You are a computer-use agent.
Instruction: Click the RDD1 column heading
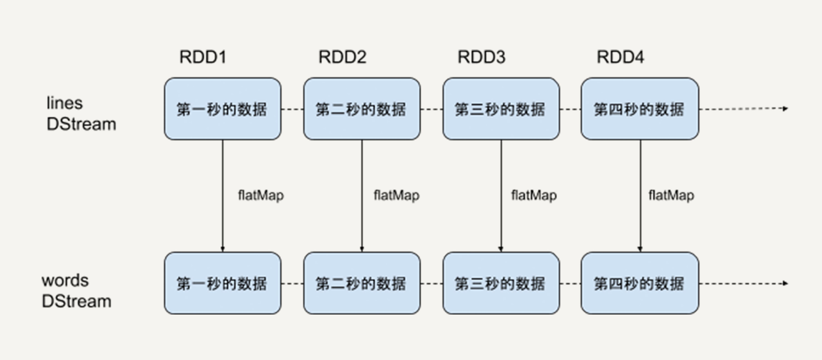tap(203, 58)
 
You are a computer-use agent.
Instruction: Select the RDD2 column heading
tap(342, 58)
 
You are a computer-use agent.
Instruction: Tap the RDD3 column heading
tap(481, 58)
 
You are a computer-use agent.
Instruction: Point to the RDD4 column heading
tap(620, 58)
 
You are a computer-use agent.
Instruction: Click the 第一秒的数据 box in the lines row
tap(222, 109)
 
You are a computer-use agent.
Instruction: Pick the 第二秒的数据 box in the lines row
tap(362, 109)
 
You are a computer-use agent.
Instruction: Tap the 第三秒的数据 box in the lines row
tap(501, 109)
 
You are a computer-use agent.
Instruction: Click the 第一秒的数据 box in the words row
tap(222, 283)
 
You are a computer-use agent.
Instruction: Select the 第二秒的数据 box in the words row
tap(362, 283)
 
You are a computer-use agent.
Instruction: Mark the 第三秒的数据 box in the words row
tap(501, 283)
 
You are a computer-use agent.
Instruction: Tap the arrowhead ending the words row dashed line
tap(785, 283)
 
